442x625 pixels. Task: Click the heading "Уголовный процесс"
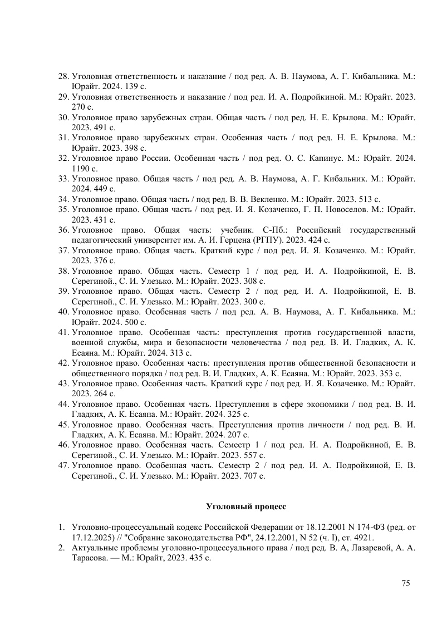[245, 507]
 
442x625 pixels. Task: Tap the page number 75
[405, 583]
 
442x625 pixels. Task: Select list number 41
[64, 332]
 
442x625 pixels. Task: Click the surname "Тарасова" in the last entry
[89, 557]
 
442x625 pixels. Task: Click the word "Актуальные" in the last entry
[94, 547]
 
